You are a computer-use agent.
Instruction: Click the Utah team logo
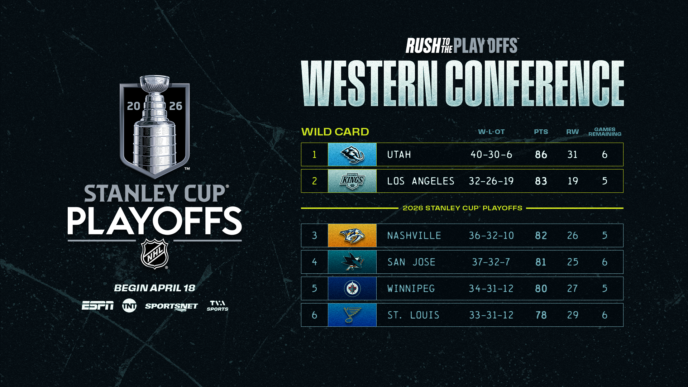click(x=352, y=154)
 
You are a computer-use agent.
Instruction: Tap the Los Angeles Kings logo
click(x=352, y=181)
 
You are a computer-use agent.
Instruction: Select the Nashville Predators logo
click(x=352, y=235)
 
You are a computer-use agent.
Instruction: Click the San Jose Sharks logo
click(x=352, y=262)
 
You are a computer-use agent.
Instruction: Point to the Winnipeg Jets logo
click(x=352, y=288)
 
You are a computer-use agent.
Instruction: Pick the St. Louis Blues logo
click(x=352, y=315)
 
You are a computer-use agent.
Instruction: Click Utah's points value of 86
click(x=541, y=154)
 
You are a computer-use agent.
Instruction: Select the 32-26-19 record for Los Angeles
click(x=491, y=181)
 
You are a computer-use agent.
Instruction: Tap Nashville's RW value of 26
click(x=573, y=235)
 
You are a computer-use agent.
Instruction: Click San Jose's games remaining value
click(x=605, y=262)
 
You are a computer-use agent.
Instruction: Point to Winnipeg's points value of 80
click(x=541, y=288)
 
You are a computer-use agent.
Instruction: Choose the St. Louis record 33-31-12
click(x=491, y=315)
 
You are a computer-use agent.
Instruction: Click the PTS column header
click(x=541, y=132)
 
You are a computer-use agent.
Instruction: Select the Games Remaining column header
click(x=605, y=132)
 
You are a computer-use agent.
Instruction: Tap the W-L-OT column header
click(x=491, y=132)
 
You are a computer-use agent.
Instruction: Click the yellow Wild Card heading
click(x=335, y=132)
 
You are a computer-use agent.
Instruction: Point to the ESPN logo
click(x=97, y=306)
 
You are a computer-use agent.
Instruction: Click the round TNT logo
click(x=129, y=306)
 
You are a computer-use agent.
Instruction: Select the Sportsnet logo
click(x=171, y=307)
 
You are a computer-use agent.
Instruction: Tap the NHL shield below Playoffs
click(x=154, y=254)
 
